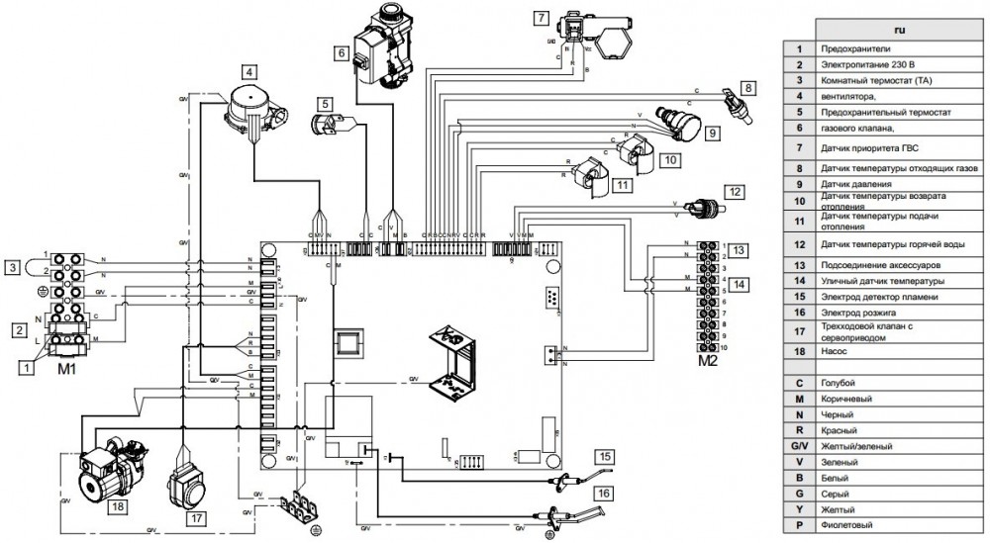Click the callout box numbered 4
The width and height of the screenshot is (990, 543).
coord(250,71)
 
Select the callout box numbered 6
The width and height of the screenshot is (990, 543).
coord(341,52)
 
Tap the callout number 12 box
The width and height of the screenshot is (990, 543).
coord(734,190)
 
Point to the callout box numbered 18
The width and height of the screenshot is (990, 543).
coord(118,504)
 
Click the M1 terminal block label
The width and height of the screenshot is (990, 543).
coord(67,368)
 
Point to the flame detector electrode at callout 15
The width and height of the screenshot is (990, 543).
coord(566,482)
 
